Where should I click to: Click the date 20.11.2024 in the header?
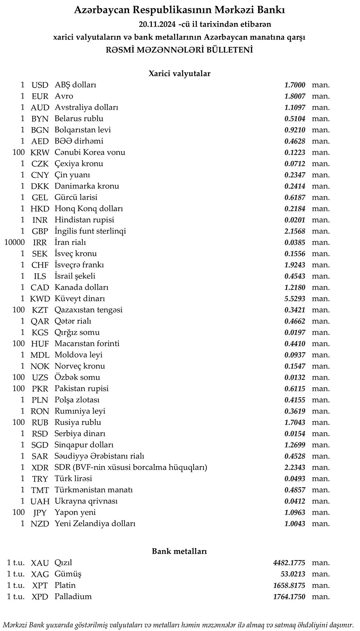(157, 24)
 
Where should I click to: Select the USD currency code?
(40, 85)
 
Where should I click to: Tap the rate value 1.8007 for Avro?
(294, 96)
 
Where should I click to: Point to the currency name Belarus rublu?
(79, 119)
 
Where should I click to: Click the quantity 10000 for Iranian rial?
(14, 243)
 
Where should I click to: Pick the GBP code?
(40, 231)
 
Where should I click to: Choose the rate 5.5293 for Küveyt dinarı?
(294, 299)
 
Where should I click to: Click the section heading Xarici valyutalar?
(179, 73)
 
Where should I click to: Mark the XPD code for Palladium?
(40, 597)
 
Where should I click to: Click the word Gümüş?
(68, 574)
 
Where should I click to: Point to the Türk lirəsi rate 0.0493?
(294, 479)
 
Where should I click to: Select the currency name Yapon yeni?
(75, 513)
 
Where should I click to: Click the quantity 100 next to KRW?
(18, 153)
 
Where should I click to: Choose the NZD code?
(40, 524)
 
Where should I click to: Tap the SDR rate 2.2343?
(294, 468)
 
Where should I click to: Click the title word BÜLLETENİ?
(229, 50)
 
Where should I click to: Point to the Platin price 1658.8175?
(289, 586)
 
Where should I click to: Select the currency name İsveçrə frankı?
(79, 265)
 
